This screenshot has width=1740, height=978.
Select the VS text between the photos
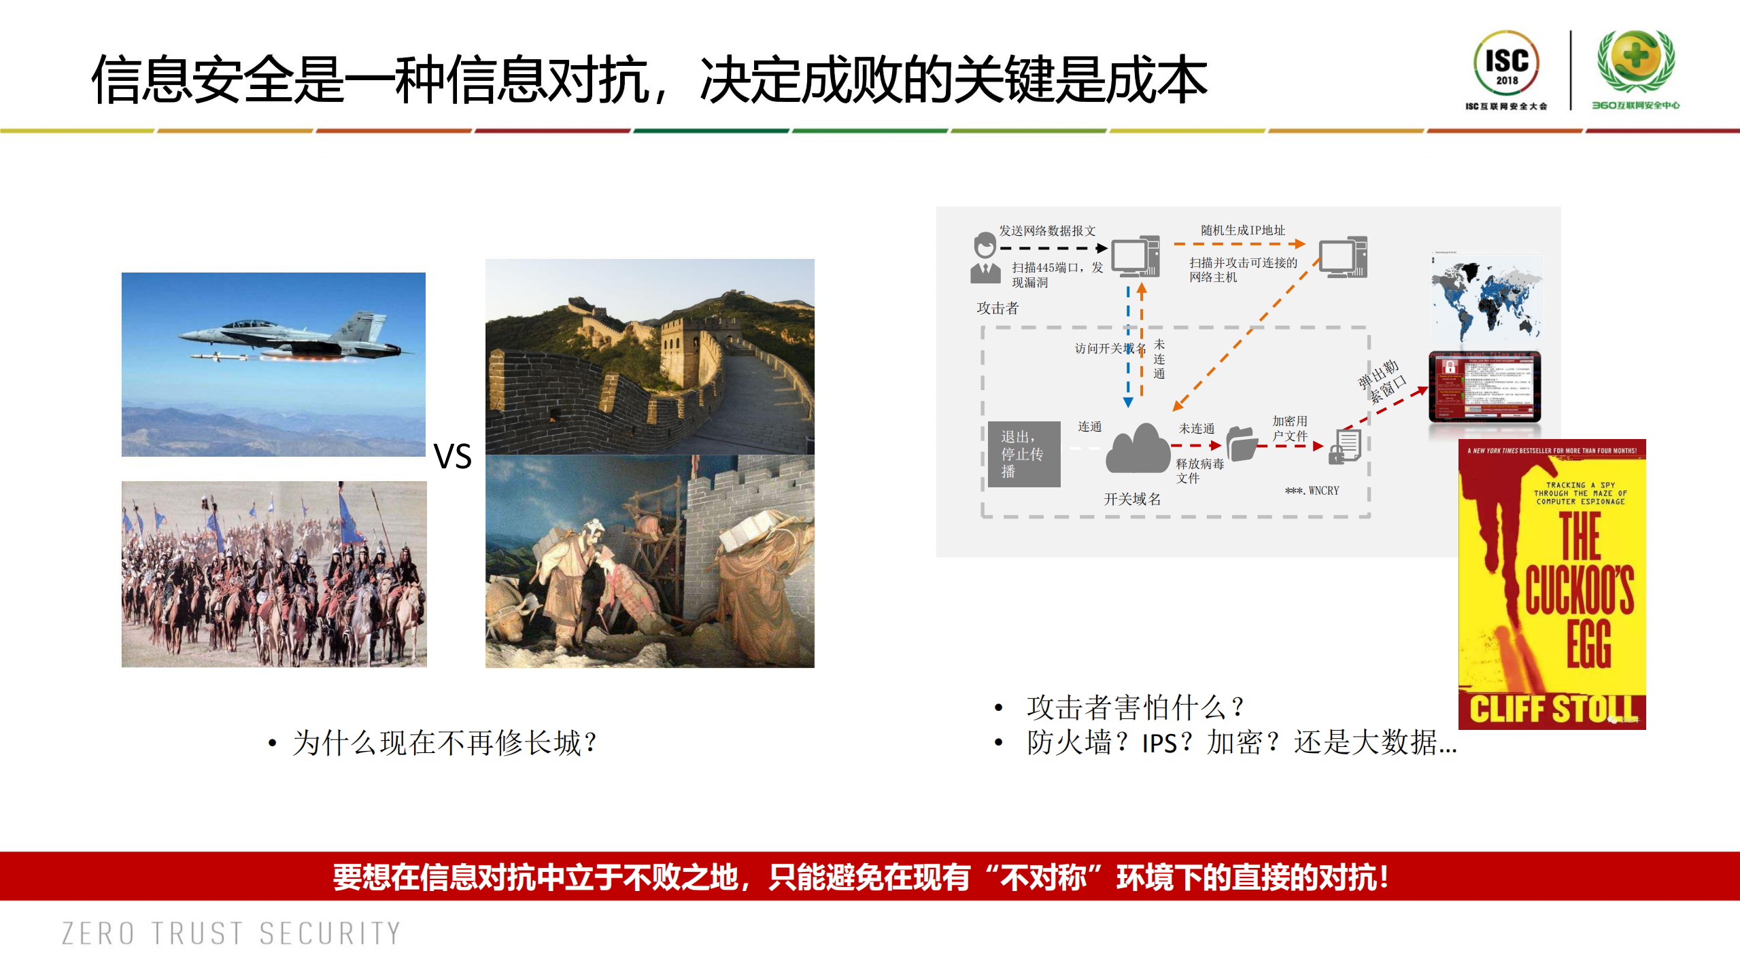point(453,456)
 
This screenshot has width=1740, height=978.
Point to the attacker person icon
point(985,258)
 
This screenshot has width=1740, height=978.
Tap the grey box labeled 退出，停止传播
point(1024,454)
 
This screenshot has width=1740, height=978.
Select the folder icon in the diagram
point(1242,444)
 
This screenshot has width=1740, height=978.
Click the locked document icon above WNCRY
point(1345,447)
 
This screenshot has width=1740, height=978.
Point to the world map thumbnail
point(1486,299)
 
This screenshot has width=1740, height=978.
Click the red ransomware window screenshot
point(1485,387)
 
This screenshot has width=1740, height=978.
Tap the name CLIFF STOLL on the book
point(1552,709)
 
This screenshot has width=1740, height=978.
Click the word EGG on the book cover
point(1589,643)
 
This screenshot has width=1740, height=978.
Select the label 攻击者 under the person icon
point(997,309)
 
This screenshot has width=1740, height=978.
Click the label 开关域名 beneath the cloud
point(1132,500)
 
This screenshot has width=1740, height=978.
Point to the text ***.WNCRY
point(1312,491)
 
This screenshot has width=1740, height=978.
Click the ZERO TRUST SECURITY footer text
point(231,934)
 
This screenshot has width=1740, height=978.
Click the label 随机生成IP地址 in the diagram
point(1242,230)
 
